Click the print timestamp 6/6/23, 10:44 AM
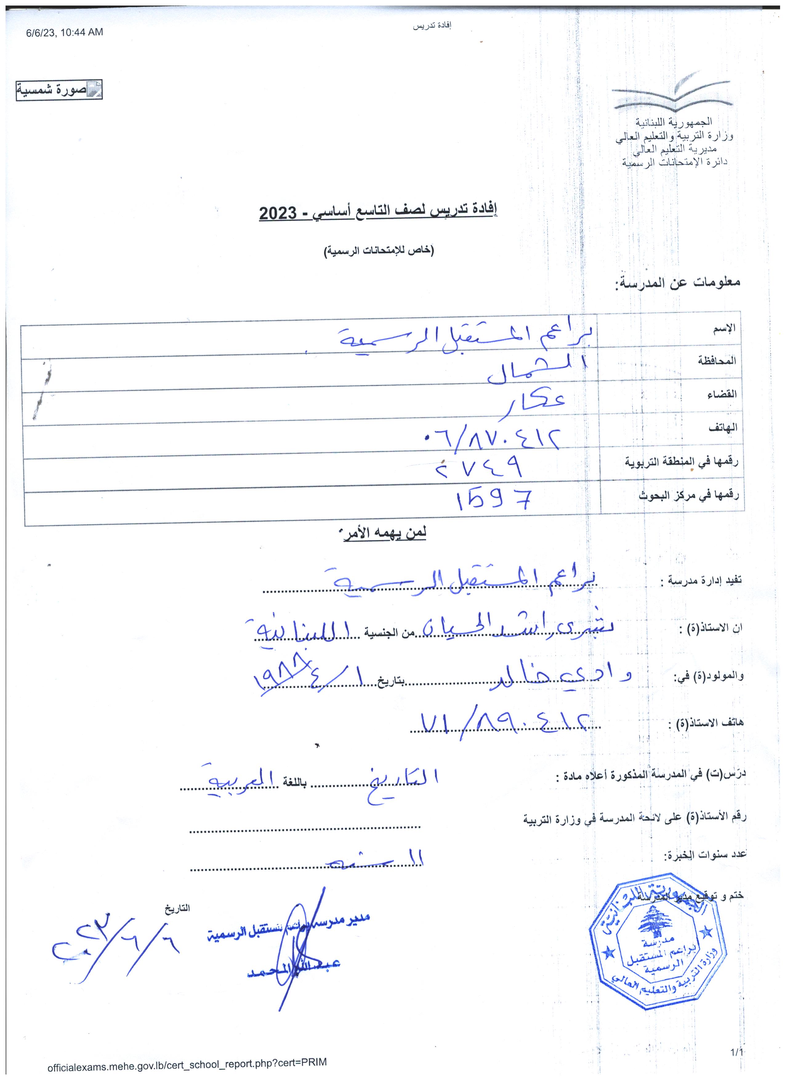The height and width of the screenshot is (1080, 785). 65,32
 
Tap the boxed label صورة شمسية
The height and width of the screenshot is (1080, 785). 59,90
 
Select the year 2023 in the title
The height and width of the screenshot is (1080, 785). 278,213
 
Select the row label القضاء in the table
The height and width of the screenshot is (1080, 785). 723,394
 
